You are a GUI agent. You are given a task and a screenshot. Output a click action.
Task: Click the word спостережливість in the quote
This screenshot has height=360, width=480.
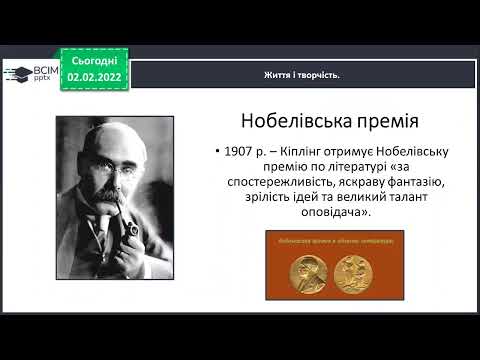[284, 184]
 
